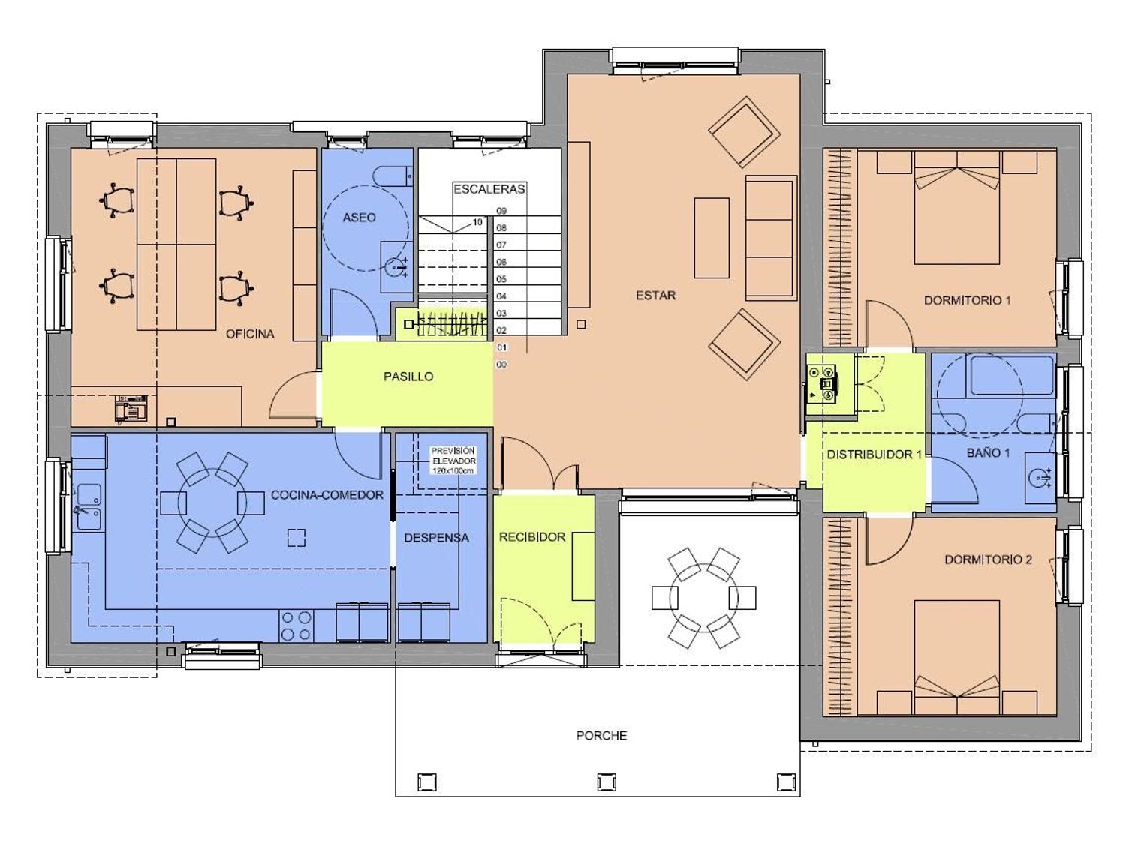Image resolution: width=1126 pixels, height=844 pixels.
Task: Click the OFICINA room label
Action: point(250,334)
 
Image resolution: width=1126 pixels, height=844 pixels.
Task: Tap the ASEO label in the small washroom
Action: point(359,218)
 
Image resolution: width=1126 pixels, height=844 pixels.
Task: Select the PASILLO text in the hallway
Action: point(408,377)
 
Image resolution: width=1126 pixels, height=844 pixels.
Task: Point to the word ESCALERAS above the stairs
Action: point(489,189)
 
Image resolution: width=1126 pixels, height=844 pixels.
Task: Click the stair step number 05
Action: point(501,279)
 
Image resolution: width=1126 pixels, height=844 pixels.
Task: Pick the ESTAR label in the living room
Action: point(655,295)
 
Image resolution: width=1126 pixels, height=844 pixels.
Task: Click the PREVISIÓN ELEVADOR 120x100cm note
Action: point(453,461)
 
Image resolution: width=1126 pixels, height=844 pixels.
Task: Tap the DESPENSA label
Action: point(437,538)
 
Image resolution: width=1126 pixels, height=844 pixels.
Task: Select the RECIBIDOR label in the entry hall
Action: point(532,537)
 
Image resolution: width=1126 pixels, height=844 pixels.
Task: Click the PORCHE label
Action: point(602,736)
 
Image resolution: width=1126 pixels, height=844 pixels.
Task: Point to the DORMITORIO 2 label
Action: point(988,560)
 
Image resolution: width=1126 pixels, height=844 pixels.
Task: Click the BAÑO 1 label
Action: point(988,453)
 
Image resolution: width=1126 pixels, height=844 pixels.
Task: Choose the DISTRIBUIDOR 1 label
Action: point(875,455)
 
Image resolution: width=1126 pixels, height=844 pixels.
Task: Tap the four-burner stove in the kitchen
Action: point(297,626)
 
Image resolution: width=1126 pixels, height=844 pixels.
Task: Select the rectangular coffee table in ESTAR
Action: point(712,238)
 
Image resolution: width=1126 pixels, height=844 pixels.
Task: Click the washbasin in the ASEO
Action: point(396,266)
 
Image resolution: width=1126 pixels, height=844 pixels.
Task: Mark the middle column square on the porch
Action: point(607,782)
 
